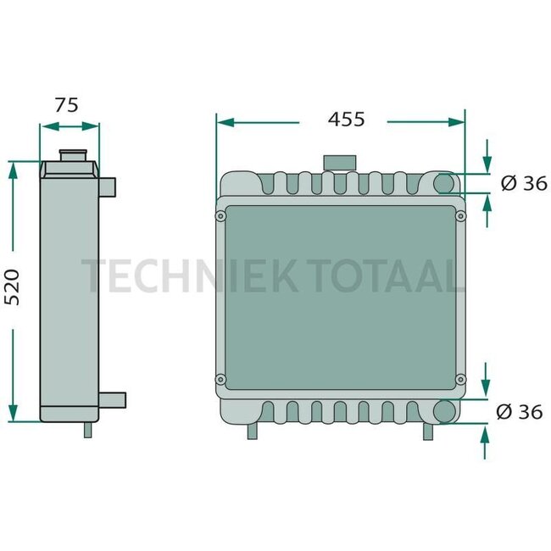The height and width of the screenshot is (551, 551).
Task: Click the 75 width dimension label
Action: [x=66, y=105]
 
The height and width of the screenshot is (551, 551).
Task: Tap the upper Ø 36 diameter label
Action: [x=523, y=183]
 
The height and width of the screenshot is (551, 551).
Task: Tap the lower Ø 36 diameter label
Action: [x=518, y=412]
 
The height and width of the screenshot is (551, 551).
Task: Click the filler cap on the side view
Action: [x=71, y=156]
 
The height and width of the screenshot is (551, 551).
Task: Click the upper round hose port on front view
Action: [x=446, y=183]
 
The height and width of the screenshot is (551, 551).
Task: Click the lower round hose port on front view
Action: [x=446, y=411]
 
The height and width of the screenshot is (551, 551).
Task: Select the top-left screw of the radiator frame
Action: [x=221, y=217]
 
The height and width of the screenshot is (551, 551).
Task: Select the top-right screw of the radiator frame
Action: [x=461, y=217]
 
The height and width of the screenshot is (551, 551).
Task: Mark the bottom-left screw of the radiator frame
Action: [x=221, y=378]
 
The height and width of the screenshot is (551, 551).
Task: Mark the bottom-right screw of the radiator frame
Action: [x=461, y=378]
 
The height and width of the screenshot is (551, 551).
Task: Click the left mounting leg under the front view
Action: [x=252, y=431]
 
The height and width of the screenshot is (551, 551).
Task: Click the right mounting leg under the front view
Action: [x=429, y=431]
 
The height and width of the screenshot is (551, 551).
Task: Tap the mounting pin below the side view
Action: [x=87, y=430]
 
